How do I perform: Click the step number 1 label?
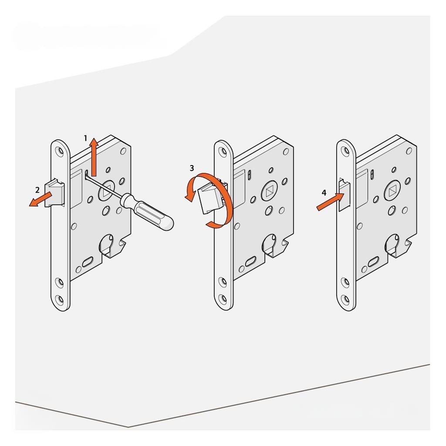pos(85,139)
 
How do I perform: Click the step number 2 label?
pos(37,190)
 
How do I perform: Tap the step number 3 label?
pos(192,168)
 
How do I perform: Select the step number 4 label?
pos(324,193)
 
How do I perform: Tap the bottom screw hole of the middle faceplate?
pos(223,299)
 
